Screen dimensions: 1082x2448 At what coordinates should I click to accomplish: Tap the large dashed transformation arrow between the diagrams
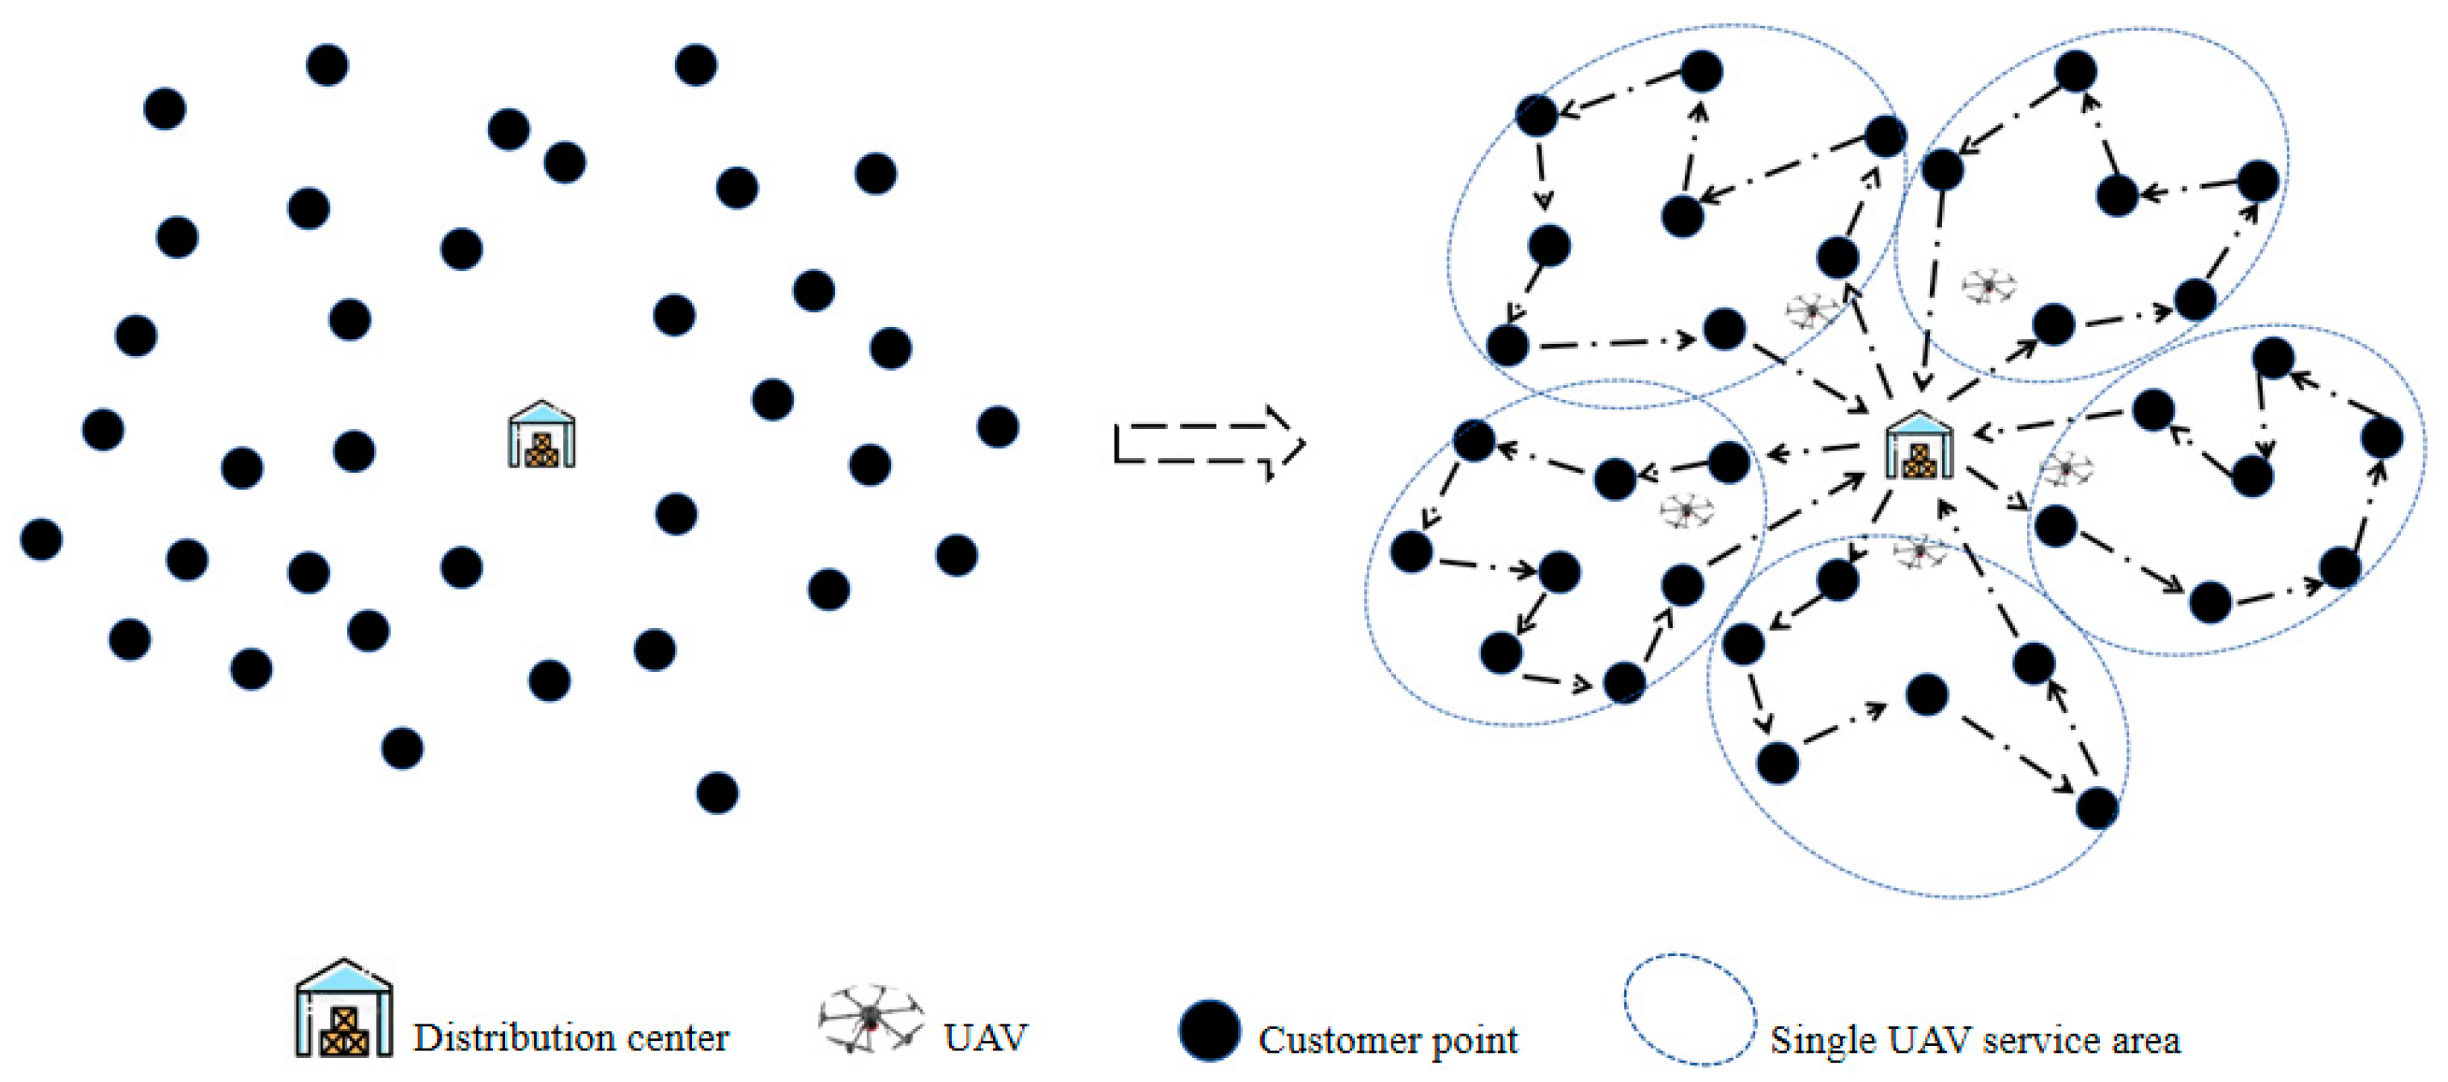(1209, 444)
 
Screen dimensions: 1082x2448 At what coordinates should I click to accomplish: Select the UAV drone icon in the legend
(870, 1018)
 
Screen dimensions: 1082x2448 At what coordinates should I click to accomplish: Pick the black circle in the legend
(1209, 1030)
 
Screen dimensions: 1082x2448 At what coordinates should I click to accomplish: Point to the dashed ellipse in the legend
(1688, 1009)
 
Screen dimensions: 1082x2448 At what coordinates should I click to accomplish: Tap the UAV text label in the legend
(985, 1037)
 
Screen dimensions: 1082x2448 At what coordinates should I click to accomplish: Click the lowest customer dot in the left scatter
(718, 792)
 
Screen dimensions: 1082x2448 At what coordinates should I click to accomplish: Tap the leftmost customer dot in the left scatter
(42, 539)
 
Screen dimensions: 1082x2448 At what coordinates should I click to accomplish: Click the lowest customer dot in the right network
(2096, 808)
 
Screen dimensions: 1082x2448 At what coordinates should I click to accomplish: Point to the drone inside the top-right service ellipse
(1989, 285)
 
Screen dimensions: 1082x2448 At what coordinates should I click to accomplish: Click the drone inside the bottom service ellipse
(1920, 551)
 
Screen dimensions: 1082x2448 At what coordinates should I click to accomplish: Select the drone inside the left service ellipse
(1687, 511)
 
